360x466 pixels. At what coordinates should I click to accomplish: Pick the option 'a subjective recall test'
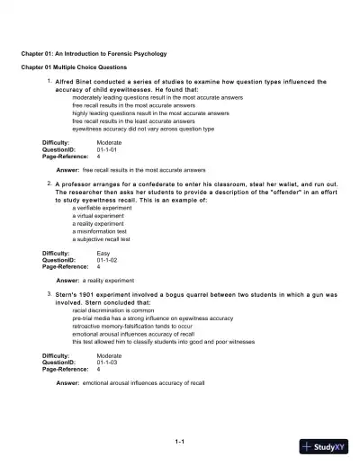click(x=102, y=239)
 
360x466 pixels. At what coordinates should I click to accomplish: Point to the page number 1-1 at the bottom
click(x=179, y=440)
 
